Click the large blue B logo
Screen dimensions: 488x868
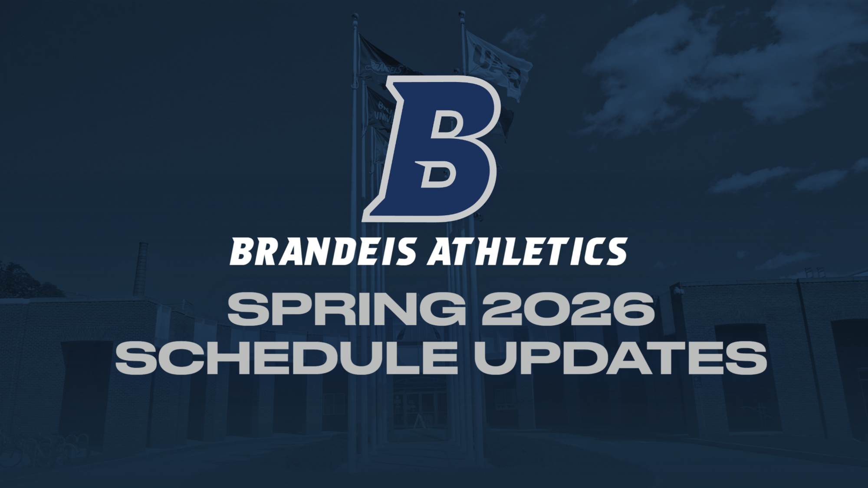coord(432,147)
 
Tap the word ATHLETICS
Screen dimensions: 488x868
coord(526,252)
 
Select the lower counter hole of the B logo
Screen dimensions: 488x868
coord(438,174)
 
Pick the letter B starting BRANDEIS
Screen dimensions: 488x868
coord(241,252)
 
